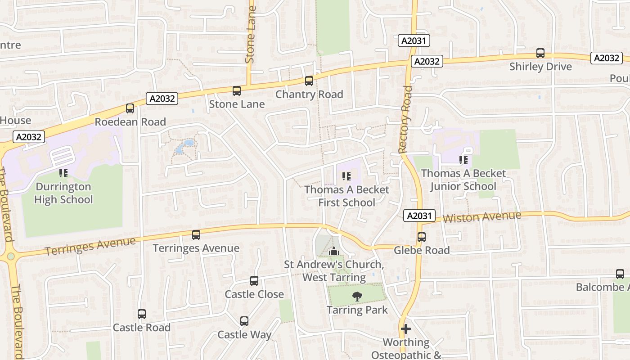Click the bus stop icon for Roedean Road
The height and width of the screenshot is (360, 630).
130,108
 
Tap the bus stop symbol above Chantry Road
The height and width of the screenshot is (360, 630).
309,81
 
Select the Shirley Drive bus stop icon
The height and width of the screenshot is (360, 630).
540,53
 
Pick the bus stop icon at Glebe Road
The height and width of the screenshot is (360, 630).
422,237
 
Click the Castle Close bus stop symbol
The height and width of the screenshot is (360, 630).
254,281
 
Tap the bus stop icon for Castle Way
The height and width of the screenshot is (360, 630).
244,321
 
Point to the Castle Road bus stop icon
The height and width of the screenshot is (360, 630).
142,314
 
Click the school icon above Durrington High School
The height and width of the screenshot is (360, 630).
63,173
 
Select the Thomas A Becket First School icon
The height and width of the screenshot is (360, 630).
346,176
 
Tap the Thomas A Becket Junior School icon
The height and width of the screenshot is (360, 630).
463,160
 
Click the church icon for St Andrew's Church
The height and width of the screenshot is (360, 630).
334,252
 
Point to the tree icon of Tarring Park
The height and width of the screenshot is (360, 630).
357,296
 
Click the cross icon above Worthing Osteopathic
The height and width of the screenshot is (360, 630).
406,329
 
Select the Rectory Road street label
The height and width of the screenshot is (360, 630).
405,119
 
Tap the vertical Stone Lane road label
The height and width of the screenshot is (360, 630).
251,34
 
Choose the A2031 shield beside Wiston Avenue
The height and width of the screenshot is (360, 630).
418,216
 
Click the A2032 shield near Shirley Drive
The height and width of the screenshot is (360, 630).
606,58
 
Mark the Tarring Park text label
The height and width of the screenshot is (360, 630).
357,310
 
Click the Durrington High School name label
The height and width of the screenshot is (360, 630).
63,193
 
